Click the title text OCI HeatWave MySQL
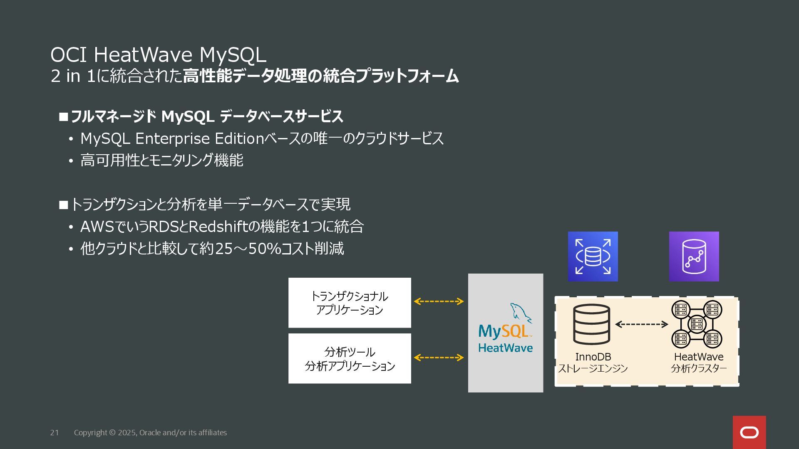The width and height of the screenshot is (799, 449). (x=158, y=55)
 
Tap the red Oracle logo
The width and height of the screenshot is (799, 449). (x=749, y=432)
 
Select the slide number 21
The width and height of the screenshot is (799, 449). (x=55, y=433)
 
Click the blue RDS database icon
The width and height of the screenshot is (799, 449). (x=593, y=257)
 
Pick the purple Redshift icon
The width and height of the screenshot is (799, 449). (x=694, y=257)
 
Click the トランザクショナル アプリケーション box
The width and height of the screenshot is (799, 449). (x=350, y=303)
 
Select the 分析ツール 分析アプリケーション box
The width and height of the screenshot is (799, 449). (x=350, y=358)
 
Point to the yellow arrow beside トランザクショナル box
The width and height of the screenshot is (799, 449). (x=439, y=301)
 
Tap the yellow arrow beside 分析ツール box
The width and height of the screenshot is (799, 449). (x=439, y=358)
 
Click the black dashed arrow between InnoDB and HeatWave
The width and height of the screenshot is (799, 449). (x=641, y=324)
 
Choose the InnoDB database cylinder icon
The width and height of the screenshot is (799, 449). (x=591, y=324)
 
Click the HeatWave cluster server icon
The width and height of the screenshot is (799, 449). (x=697, y=324)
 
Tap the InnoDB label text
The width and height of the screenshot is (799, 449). (x=593, y=357)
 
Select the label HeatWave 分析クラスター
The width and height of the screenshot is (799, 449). (x=699, y=362)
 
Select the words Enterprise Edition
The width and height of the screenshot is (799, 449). (x=200, y=138)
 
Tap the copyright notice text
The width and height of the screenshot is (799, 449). (x=150, y=433)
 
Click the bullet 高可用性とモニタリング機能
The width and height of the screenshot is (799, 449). (x=161, y=160)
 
